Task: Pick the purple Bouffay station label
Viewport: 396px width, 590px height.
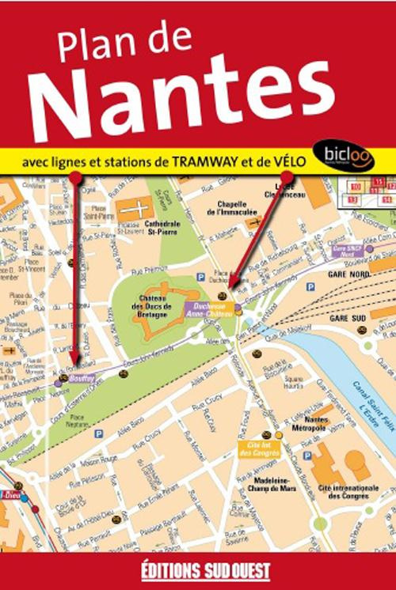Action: (x=82, y=377)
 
